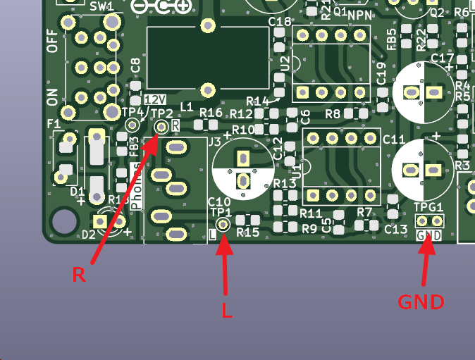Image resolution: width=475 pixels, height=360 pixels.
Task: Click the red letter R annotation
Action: click(x=79, y=274)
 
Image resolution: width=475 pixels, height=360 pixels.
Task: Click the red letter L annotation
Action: click(x=227, y=310)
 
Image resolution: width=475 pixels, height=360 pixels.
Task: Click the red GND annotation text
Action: click(x=421, y=302)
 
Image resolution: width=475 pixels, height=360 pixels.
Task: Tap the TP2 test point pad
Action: click(x=161, y=126)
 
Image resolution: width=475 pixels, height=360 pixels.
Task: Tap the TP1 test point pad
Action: click(x=223, y=225)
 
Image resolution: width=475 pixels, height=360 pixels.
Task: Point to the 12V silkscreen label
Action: click(x=156, y=99)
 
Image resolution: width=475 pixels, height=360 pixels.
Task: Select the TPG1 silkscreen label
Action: click(x=428, y=207)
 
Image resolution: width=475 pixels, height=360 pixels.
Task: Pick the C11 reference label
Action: click(x=394, y=139)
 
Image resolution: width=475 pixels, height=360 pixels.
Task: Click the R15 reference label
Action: click(x=248, y=232)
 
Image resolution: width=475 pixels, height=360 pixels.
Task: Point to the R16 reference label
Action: click(x=211, y=113)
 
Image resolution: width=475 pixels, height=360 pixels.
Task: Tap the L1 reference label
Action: click(x=187, y=107)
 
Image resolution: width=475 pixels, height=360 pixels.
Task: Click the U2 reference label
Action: click(x=284, y=64)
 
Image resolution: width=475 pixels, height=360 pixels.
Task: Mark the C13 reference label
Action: click(x=395, y=229)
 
